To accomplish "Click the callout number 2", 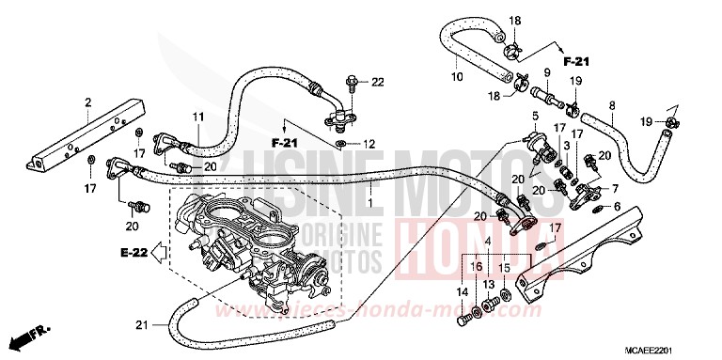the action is (x=87, y=102).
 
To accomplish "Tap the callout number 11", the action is (x=198, y=117).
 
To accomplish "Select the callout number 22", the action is (x=378, y=83).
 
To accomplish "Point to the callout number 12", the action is (x=369, y=144).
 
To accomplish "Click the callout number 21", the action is (x=142, y=325).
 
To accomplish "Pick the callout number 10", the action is (x=459, y=76).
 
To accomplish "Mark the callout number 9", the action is (x=546, y=74).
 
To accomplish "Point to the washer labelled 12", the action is (x=345, y=144).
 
